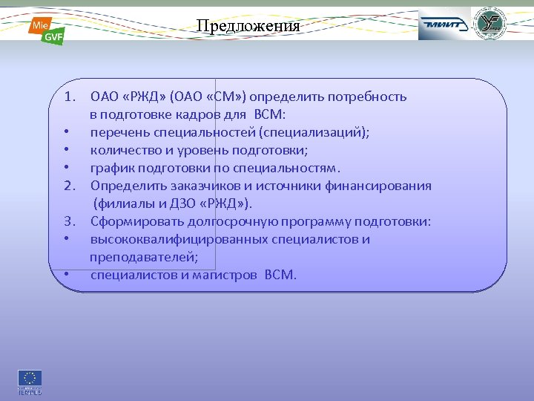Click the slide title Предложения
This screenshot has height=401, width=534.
(248, 26)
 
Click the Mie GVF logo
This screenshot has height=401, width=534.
(46, 30)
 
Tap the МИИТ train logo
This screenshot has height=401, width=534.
(444, 25)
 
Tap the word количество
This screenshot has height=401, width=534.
(123, 150)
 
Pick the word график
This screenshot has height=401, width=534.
(111, 168)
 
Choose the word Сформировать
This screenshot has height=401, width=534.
(132, 221)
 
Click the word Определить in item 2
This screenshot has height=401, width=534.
(123, 186)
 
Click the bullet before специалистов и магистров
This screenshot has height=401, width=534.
(67, 275)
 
